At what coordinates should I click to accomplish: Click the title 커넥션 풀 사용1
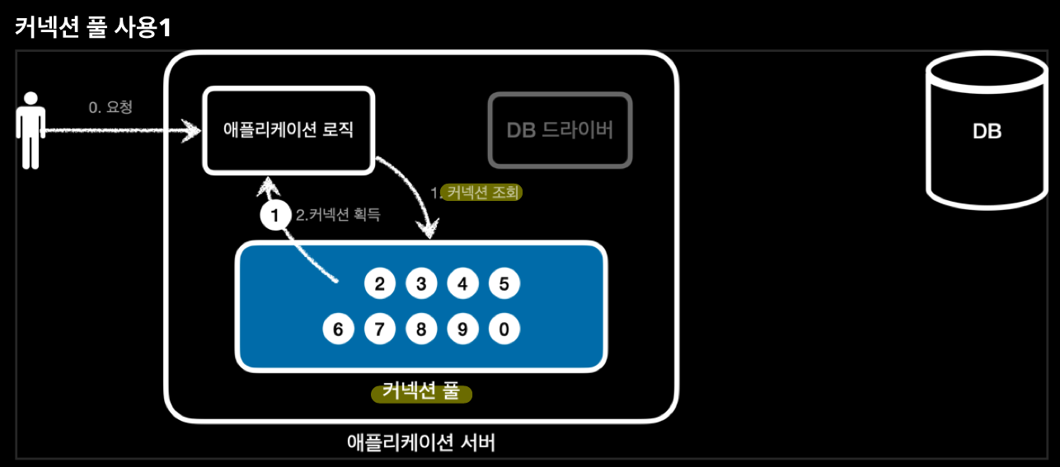click(93, 26)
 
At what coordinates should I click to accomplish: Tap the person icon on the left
click(30, 130)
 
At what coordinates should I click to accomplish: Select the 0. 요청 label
click(110, 108)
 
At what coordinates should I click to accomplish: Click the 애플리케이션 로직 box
click(288, 130)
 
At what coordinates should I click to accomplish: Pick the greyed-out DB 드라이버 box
click(560, 130)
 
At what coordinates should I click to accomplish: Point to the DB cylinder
click(987, 132)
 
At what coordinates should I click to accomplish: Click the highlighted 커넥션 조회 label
click(482, 192)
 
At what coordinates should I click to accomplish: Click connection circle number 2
click(380, 285)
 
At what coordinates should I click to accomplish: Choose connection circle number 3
click(421, 285)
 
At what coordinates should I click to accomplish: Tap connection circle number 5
click(504, 285)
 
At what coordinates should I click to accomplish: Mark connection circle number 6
click(338, 329)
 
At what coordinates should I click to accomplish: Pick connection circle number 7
click(380, 329)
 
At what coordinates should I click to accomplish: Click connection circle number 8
click(421, 329)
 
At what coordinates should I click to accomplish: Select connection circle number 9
click(462, 329)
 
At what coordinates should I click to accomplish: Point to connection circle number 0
click(504, 329)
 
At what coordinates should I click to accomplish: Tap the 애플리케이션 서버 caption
click(421, 442)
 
